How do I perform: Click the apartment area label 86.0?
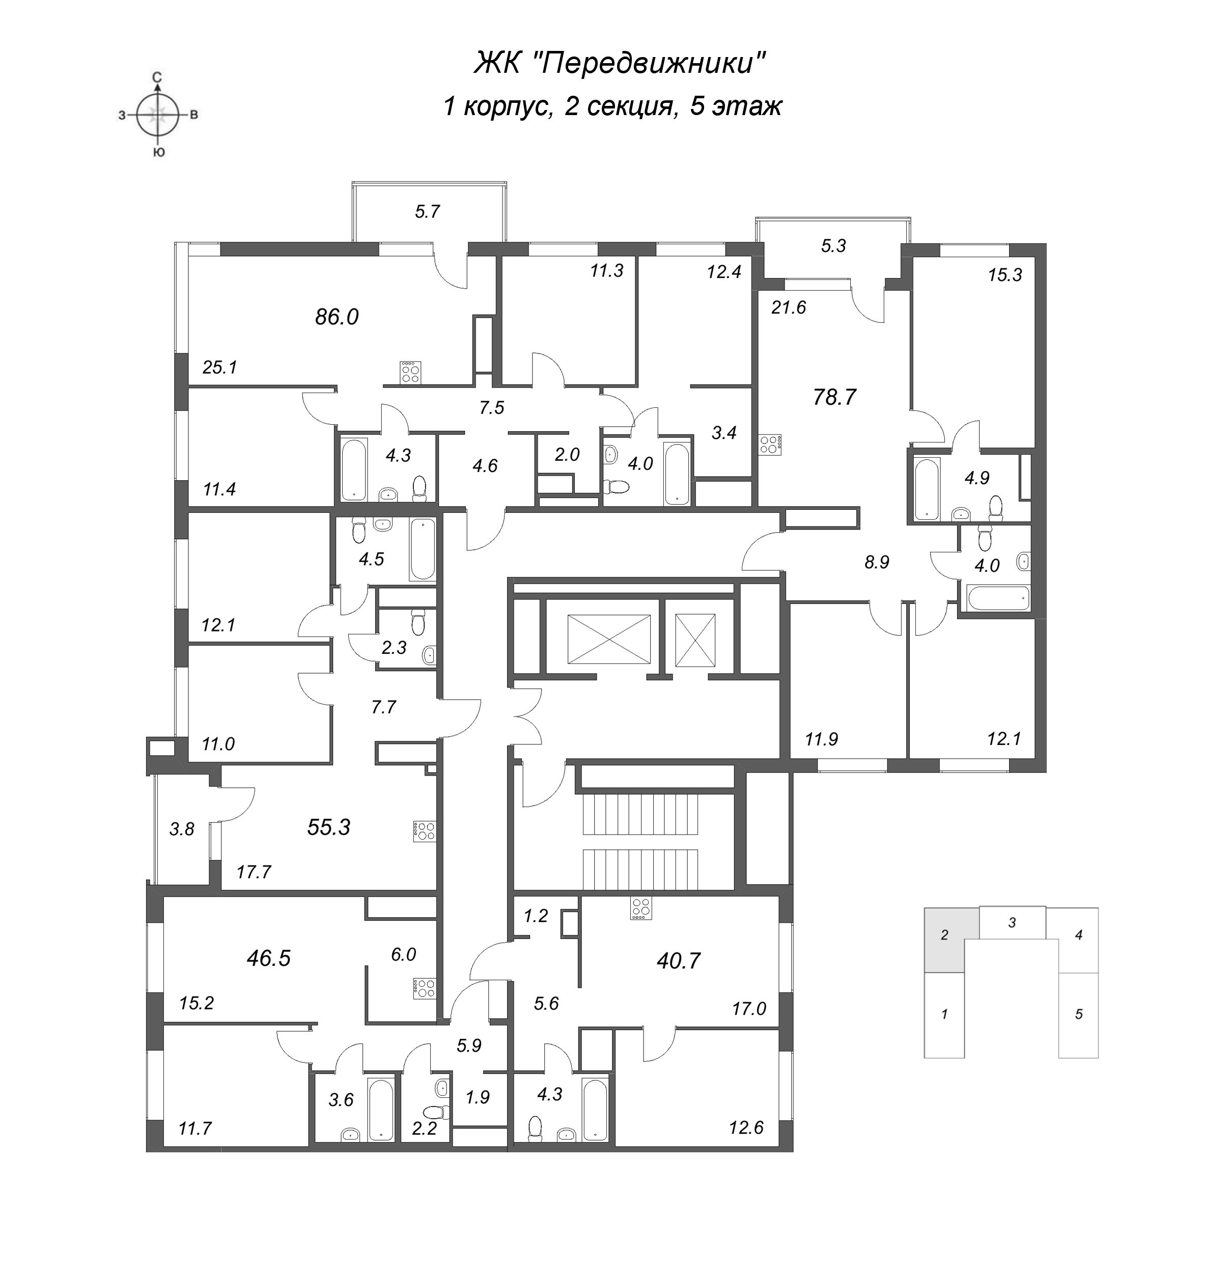(x=337, y=317)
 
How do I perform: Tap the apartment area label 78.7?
(x=834, y=397)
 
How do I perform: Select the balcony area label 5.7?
(x=427, y=211)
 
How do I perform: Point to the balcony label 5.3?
(x=833, y=246)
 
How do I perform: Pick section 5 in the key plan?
(x=1078, y=1013)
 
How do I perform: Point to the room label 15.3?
(x=1004, y=275)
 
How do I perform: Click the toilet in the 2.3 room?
(x=418, y=622)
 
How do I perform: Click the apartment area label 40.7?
(x=679, y=960)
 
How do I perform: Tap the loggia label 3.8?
(x=182, y=829)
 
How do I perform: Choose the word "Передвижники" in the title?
(x=653, y=63)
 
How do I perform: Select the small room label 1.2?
(x=536, y=916)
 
